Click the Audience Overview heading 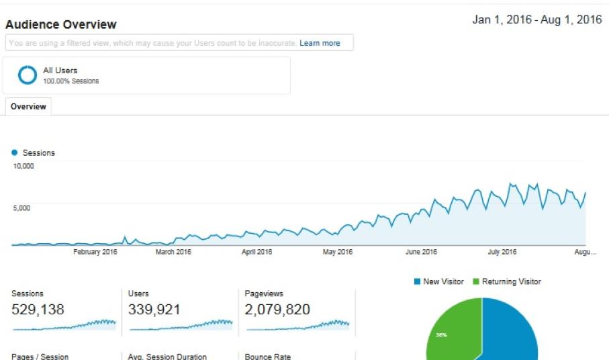click(61, 25)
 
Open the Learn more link click(320, 43)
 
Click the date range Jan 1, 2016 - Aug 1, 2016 click(536, 19)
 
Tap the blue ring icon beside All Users click(28, 75)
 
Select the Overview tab click(28, 106)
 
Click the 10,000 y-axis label click(24, 166)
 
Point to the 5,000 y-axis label click(21, 208)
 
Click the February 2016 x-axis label click(95, 252)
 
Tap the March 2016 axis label click(173, 252)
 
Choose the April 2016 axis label click(256, 252)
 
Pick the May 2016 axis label click(337, 252)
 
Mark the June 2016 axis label click(421, 252)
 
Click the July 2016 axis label click(502, 252)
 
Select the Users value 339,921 click(154, 310)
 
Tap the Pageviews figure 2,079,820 click(277, 310)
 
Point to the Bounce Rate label click(267, 357)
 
